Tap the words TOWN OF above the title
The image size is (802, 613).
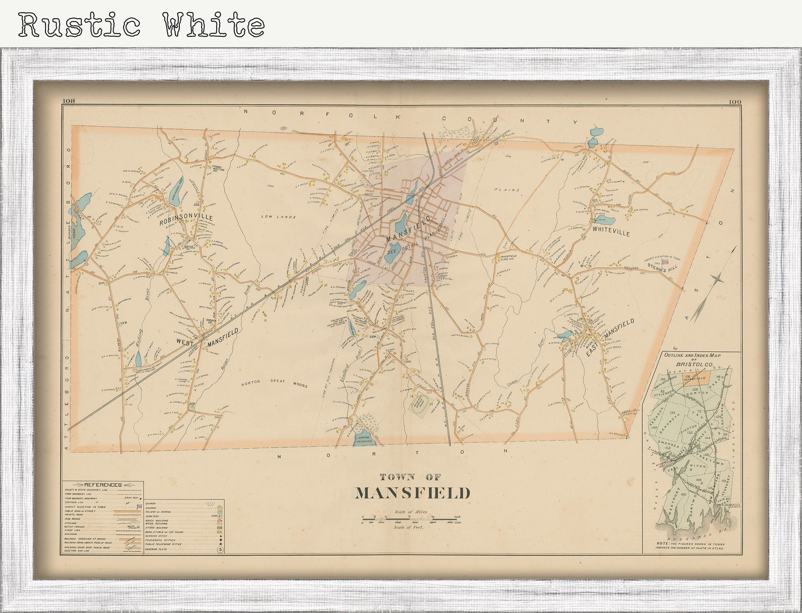pyautogui.click(x=411, y=476)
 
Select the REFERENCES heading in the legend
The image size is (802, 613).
pyautogui.click(x=103, y=485)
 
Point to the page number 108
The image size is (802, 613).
pyautogui.click(x=68, y=101)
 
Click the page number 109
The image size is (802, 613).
pyautogui.click(x=734, y=102)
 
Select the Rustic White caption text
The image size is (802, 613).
pyautogui.click(x=141, y=24)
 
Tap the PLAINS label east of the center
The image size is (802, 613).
pyautogui.click(x=510, y=190)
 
